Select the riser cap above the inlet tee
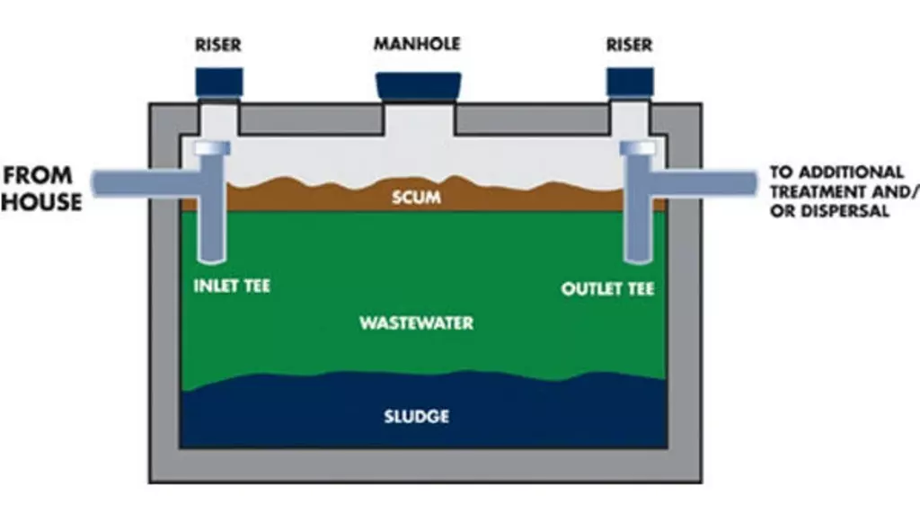click(219, 83)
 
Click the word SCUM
click(417, 197)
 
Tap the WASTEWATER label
click(416, 322)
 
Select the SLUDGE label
click(416, 417)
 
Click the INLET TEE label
click(232, 288)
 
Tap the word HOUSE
click(40, 201)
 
